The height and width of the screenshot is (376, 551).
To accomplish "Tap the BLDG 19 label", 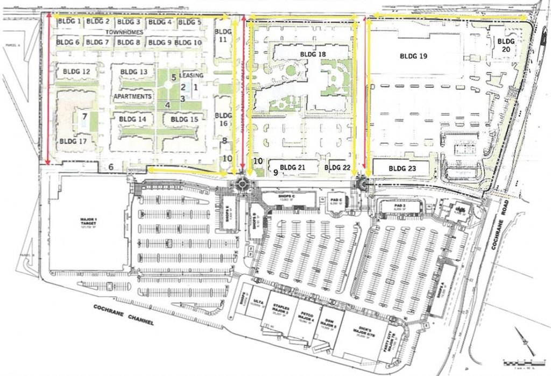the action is (414, 55).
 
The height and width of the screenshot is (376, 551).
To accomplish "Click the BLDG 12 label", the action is (76, 71).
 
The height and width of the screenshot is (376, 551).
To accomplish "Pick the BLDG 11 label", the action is (222, 36).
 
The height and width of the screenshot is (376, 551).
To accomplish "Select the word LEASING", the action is (193, 75).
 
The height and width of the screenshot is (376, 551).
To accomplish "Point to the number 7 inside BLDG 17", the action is (84, 116).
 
